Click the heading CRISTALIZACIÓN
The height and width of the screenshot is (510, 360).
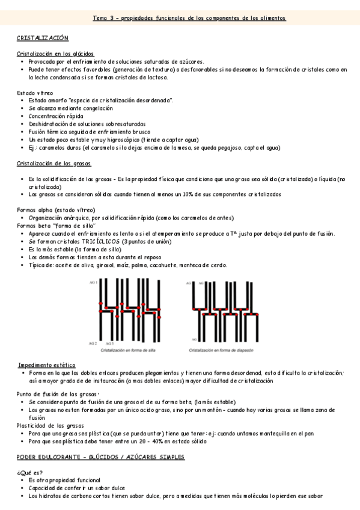pos(43,38)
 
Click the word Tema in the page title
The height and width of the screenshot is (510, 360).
pos(100,19)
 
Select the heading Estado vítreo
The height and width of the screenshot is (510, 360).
pos(34,93)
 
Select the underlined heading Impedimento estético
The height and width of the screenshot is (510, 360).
pos(46,365)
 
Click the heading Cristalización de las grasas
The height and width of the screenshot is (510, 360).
pos(53,164)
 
